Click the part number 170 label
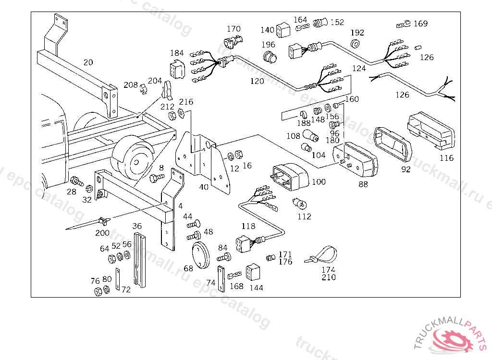pos(234,29)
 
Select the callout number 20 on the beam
pos(88,62)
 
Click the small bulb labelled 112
pos(297,204)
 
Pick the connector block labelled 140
pos(283,30)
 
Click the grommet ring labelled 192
pos(356,44)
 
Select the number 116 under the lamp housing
pos(446,158)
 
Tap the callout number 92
pos(406,169)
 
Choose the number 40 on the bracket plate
pos(204,187)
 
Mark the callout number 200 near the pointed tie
pos(102,233)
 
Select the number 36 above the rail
pos(137,226)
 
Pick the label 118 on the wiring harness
pos(248,227)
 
